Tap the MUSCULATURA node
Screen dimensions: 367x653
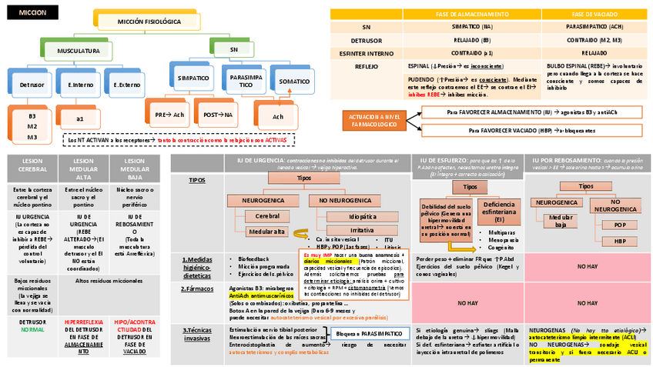point(79,51)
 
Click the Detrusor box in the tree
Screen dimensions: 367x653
point(32,84)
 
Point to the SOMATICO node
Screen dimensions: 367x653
point(295,81)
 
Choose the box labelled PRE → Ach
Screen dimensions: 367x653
point(169,114)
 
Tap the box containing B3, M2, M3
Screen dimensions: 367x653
point(32,125)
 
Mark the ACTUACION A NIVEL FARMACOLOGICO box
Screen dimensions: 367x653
point(375,120)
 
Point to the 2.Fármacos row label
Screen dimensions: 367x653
point(198,289)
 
